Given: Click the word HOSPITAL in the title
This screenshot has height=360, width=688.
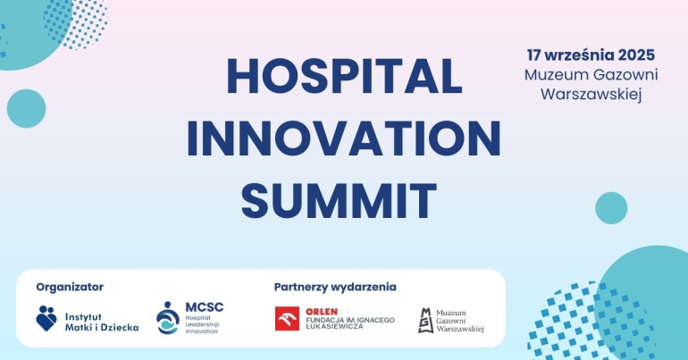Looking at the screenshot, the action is tap(344, 76).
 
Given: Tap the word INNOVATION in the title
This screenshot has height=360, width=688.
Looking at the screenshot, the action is tap(344, 138).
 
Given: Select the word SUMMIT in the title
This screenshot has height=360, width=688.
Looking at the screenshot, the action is tap(339, 201).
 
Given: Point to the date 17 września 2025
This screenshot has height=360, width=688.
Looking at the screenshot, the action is tap(591, 55).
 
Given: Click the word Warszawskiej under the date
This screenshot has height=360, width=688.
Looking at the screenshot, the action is tap(591, 95).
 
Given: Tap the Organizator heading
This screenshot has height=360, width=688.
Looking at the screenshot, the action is tap(70, 288).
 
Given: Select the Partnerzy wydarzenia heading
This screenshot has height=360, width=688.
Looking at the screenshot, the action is tap(335, 288).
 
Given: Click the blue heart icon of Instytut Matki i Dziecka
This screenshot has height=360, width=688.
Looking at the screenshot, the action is tap(46, 318).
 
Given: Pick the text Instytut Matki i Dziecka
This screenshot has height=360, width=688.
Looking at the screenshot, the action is tap(102, 322).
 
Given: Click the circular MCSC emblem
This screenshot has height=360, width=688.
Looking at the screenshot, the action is tap(168, 318).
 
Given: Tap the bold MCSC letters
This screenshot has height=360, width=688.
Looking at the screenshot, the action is tap(204, 307).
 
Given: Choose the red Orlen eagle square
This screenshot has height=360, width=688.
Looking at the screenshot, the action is tap(287, 318).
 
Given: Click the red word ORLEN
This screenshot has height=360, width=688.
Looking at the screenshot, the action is tap(322, 312).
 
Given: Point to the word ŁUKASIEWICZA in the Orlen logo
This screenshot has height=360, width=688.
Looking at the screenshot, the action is tap(334, 327).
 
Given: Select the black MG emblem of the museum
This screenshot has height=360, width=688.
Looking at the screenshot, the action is tap(425, 321).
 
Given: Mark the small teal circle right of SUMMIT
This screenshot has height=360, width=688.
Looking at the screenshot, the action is tap(611, 208).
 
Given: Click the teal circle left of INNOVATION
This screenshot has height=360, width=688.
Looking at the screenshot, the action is tap(26, 108).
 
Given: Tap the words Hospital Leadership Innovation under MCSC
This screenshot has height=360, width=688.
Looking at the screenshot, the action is tap(202, 324).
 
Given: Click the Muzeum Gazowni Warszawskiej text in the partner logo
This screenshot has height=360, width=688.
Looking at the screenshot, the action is tap(460, 321).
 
